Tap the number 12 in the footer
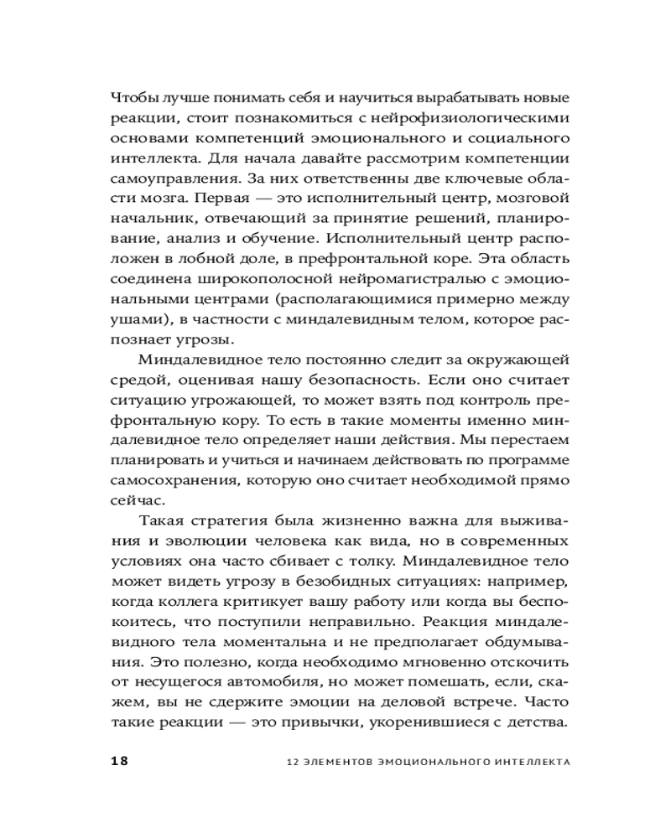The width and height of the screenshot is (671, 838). click(x=291, y=763)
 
